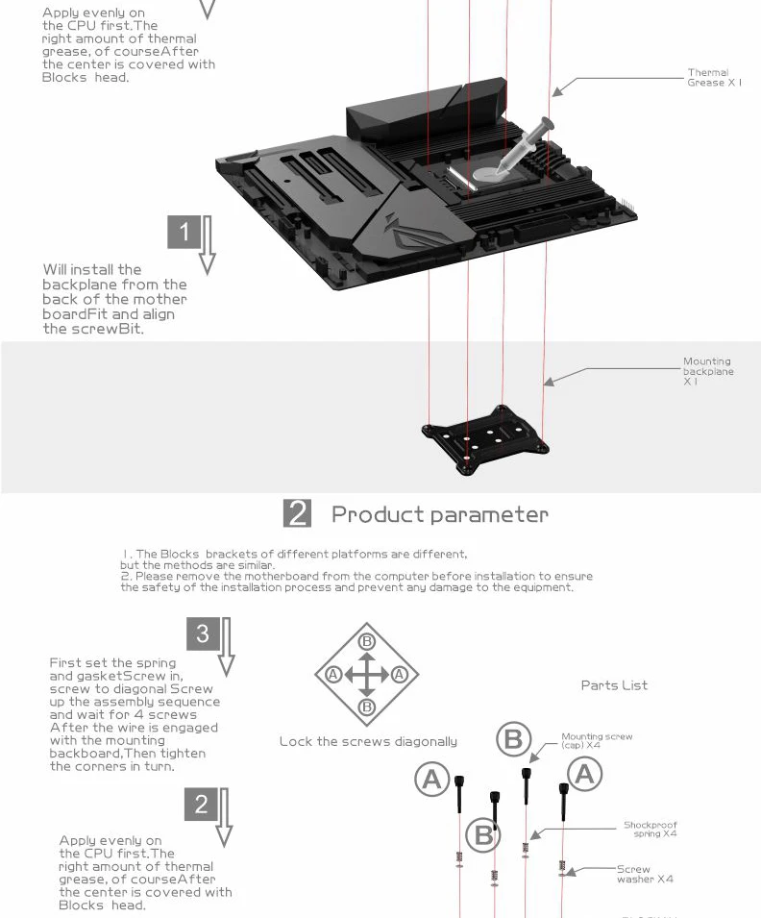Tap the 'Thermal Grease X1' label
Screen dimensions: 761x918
[714, 78]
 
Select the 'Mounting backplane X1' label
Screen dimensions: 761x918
[708, 371]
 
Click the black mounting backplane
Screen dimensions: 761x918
[485, 439]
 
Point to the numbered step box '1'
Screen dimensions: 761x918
[184, 232]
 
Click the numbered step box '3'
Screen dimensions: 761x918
[203, 633]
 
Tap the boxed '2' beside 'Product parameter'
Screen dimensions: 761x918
[297, 513]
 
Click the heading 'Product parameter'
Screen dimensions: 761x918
[440, 514]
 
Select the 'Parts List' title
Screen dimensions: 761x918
[614, 685]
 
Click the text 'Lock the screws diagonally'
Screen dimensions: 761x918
[368, 742]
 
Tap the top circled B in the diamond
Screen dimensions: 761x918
[366, 642]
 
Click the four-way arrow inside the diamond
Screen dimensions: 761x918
[366, 675]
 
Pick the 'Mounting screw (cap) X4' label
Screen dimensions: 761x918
[597, 740]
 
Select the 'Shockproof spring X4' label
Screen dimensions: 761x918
[650, 829]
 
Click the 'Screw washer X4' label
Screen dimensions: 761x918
[645, 874]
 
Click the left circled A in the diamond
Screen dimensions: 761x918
[333, 675]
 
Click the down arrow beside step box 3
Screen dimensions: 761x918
[227, 647]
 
